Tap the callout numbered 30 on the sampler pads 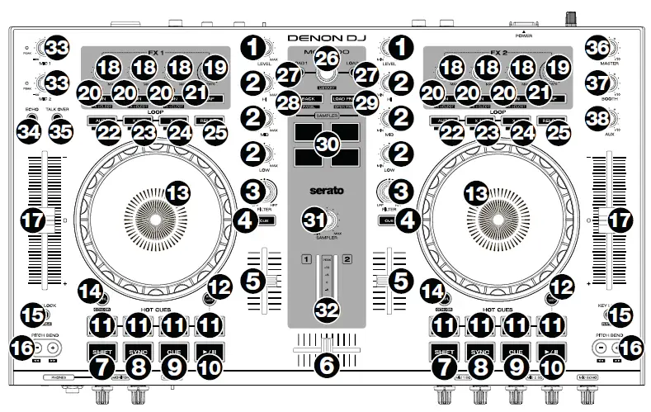(x=327, y=143)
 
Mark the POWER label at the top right (x=523, y=36)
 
